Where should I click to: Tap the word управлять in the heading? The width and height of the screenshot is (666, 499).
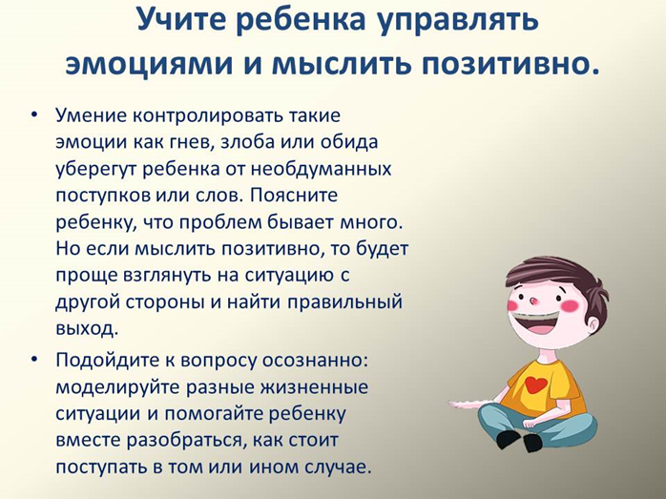(x=458, y=21)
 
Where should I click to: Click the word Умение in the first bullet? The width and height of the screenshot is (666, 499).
(x=91, y=115)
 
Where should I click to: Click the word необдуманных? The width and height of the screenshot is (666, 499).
(x=321, y=169)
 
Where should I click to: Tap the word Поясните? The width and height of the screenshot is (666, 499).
(x=294, y=196)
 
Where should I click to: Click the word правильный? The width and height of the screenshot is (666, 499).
(x=344, y=302)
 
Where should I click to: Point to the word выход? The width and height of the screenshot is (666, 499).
(x=87, y=329)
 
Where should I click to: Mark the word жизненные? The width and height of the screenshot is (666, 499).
(x=314, y=387)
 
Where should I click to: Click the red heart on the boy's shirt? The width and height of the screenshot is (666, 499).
(x=535, y=385)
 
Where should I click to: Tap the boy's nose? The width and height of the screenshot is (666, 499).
(x=532, y=301)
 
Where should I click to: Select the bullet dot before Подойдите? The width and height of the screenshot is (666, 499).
(x=34, y=360)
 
